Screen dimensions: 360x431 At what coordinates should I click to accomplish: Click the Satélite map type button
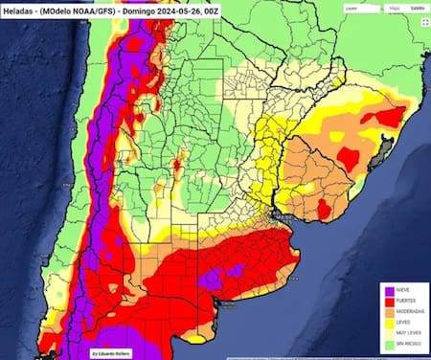coord(417,8)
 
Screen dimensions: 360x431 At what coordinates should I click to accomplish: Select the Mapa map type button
coord(393,8)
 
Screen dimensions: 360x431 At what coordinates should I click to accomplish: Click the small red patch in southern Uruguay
coord(325,208)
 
